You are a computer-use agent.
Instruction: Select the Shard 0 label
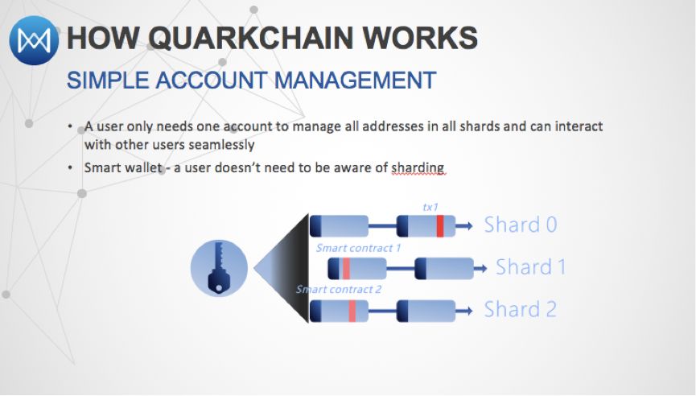521,225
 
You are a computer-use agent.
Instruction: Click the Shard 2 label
521,309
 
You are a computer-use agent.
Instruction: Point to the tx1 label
431,207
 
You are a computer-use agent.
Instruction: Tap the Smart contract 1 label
358,248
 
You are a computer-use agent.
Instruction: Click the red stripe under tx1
440,226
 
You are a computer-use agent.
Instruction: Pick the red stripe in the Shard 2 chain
352,311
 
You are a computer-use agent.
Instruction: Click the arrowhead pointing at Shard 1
483,268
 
